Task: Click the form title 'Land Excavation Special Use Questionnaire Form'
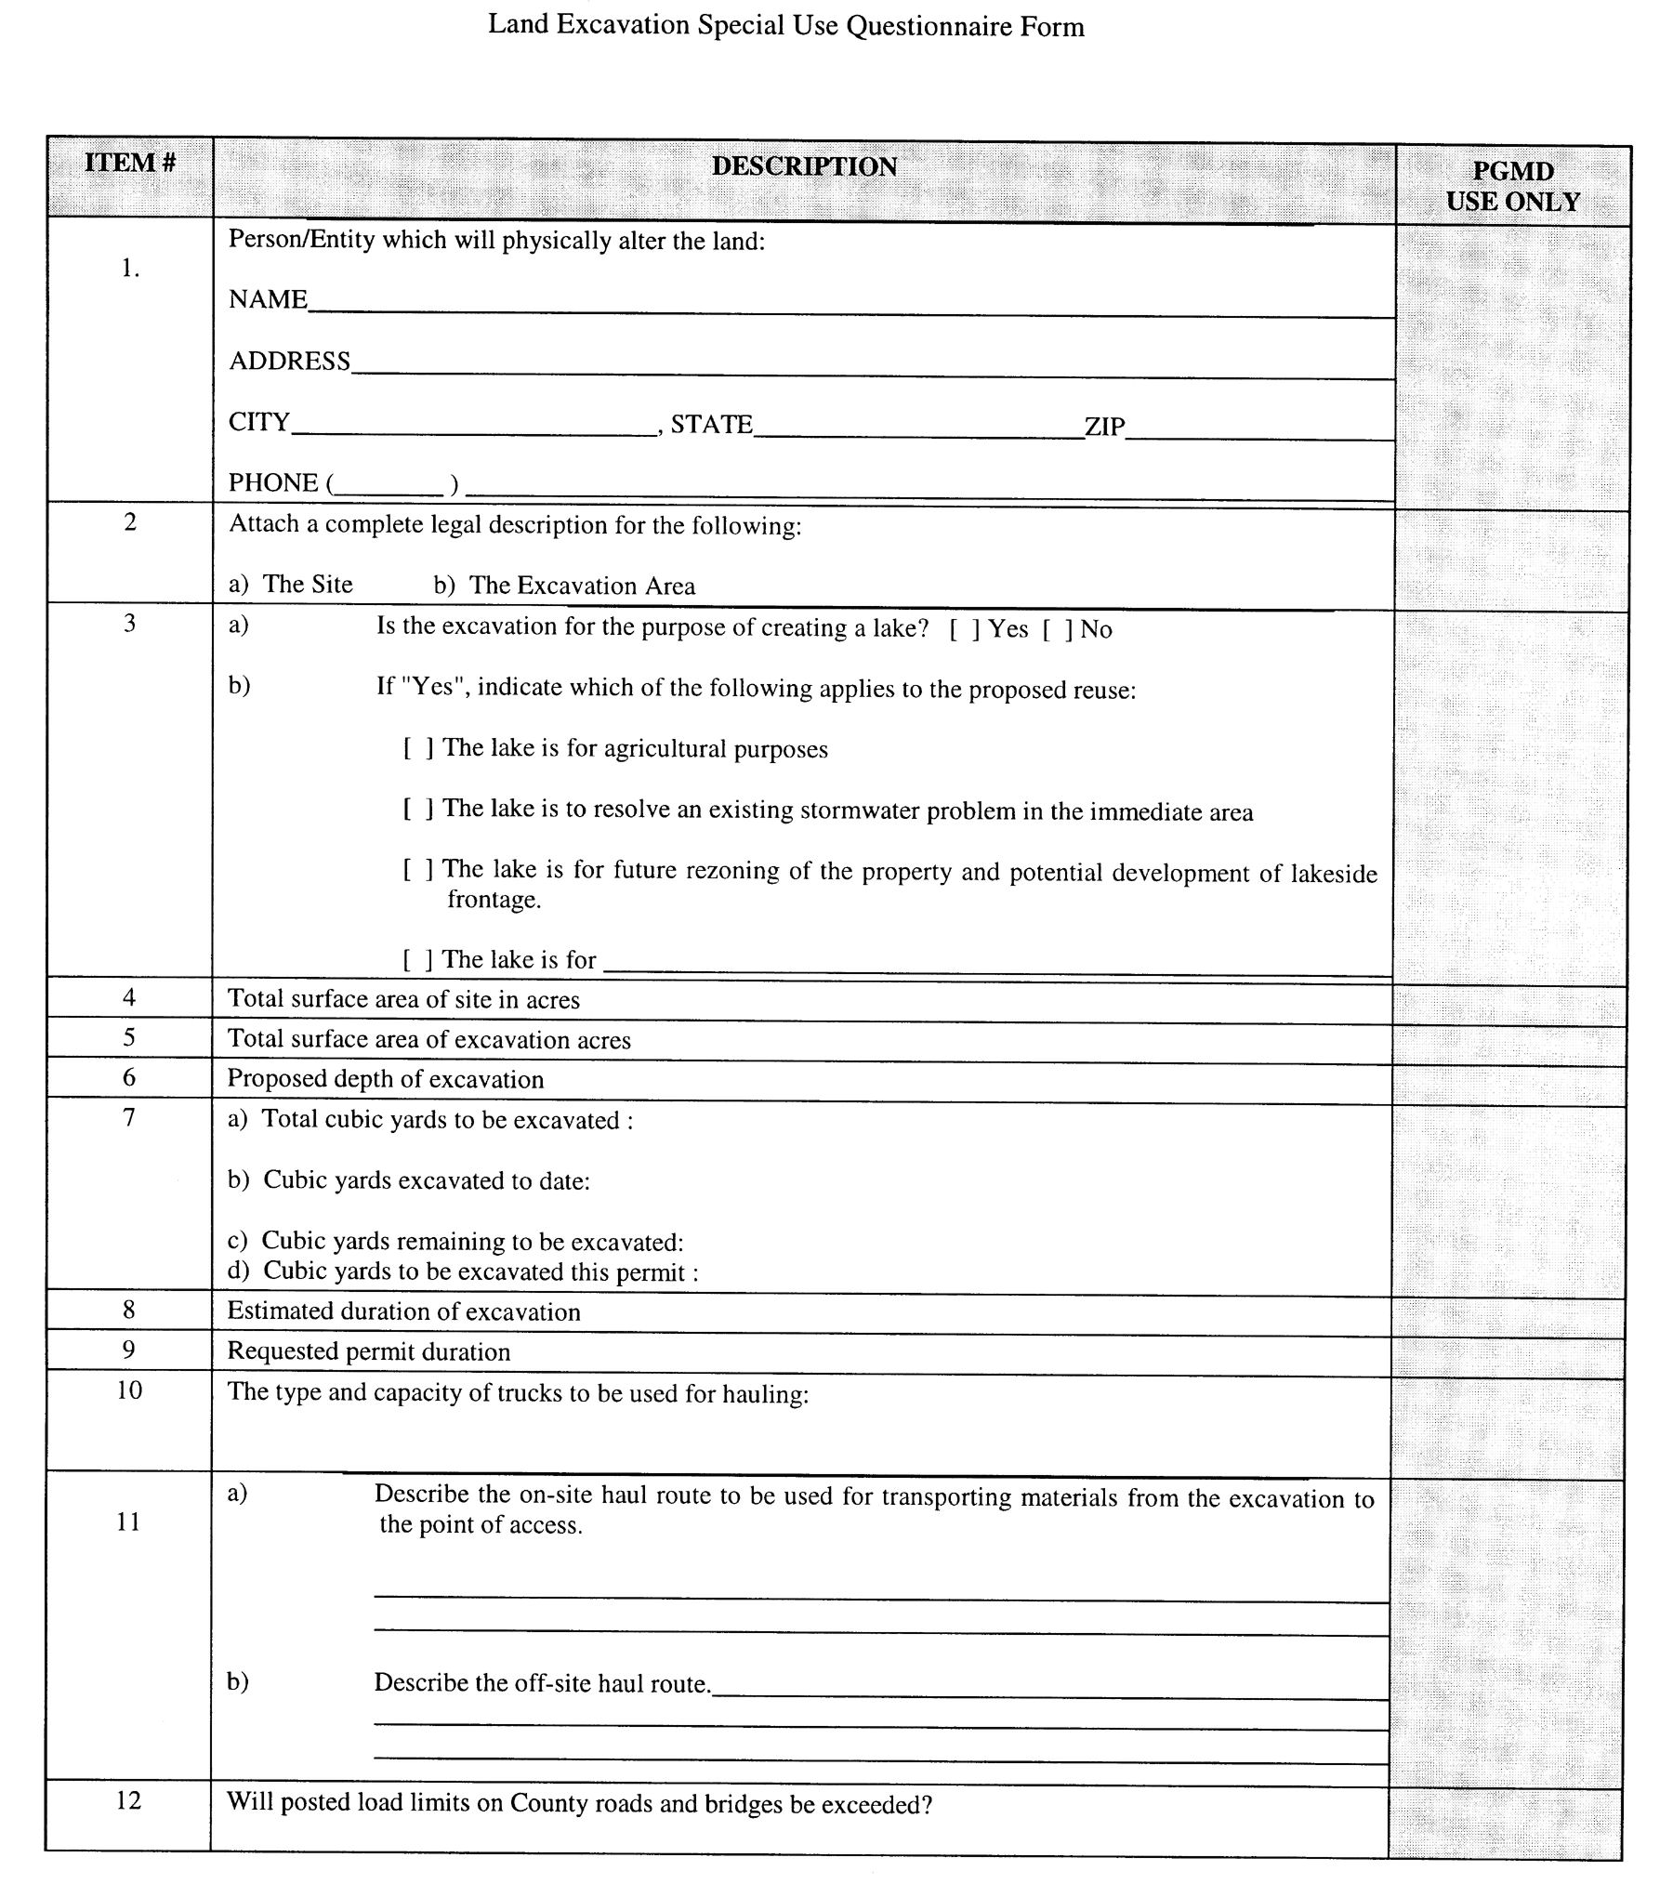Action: tap(786, 25)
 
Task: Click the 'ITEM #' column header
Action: tap(130, 163)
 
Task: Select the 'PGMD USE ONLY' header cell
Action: tap(1512, 186)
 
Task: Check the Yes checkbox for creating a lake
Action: tap(963, 629)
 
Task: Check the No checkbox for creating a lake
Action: tap(1056, 629)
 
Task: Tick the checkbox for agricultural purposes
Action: tap(417, 749)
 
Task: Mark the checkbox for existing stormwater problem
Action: tap(417, 810)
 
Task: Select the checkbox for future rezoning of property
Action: tap(417, 870)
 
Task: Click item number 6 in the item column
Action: tap(129, 1077)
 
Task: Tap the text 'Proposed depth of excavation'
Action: tap(386, 1079)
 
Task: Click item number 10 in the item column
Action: tap(129, 1390)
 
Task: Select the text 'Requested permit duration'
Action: tap(369, 1351)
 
